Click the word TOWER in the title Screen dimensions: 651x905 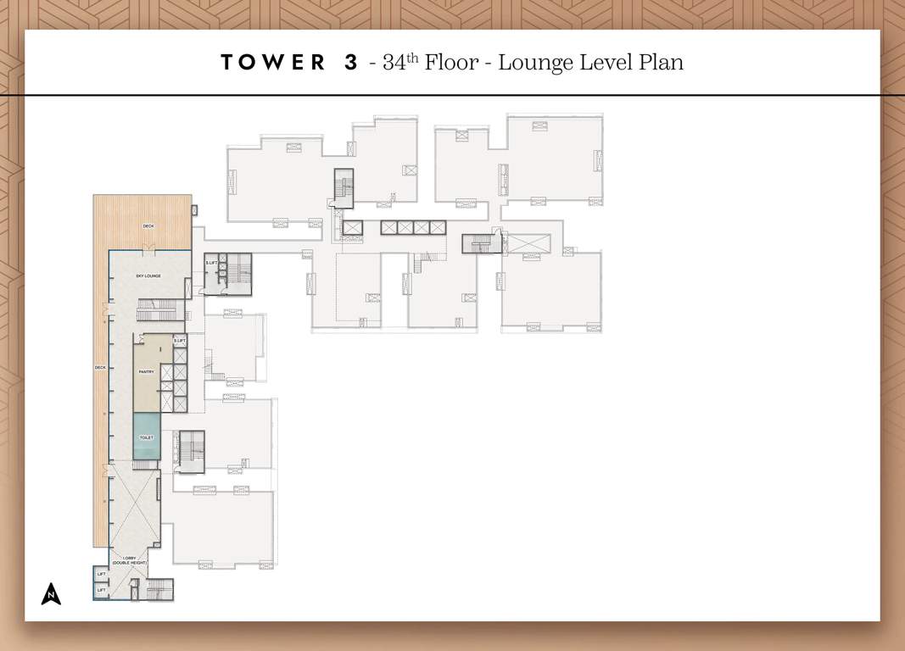272,63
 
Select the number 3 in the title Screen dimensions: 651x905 351,63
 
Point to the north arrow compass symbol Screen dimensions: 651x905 51,593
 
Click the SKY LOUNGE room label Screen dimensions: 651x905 148,275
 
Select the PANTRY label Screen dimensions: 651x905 146,371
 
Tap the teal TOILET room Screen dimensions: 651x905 146,437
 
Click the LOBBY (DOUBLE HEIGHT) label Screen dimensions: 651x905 128,560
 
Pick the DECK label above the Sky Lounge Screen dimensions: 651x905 148,225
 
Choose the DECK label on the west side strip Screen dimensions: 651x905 100,367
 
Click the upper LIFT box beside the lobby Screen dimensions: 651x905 102,575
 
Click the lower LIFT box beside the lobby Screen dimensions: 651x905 102,590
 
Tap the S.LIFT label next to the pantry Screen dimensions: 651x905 179,341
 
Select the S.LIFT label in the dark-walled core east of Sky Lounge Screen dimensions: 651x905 211,263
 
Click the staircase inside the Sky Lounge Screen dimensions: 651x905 156,310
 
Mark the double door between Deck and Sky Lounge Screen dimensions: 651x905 149,247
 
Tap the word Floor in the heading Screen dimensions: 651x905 456,63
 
